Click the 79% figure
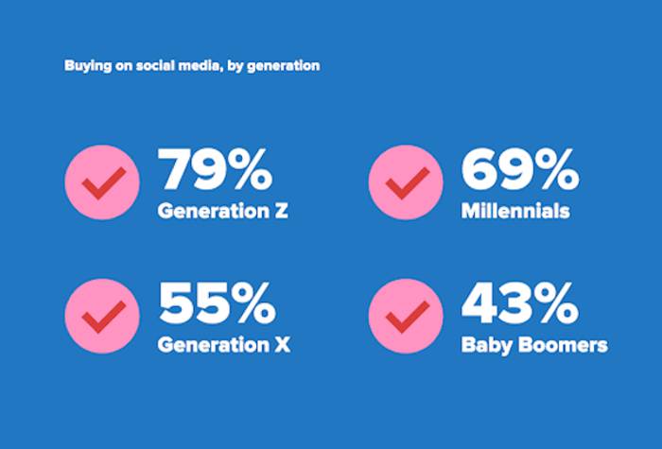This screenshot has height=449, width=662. pos(215,170)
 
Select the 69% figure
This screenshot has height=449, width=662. pos(519,170)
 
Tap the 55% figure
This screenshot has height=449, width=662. pos(215,304)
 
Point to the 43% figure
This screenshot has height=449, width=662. pos(519,304)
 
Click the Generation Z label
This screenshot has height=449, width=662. pos(222,211)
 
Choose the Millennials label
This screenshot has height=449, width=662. pos(515,211)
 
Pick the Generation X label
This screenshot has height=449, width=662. pos(223,345)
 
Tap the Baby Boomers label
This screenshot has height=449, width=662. pos(534,345)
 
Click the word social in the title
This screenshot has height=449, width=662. pos(151,66)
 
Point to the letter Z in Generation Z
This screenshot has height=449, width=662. pos(281,211)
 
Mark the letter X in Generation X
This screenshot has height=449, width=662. pos(282,345)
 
